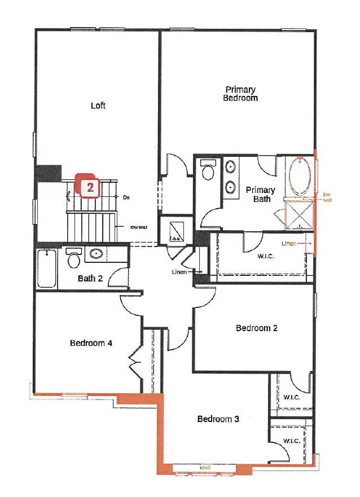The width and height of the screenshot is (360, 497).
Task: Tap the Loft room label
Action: (x=98, y=105)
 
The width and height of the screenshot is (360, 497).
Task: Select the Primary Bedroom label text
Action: (x=241, y=94)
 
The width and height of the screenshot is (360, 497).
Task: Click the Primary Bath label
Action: (x=261, y=194)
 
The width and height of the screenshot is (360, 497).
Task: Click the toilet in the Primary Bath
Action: (x=208, y=171)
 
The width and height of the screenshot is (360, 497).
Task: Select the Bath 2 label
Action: (x=90, y=278)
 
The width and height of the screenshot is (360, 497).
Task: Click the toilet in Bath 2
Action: (x=73, y=259)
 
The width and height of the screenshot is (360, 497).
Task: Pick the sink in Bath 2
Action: (x=96, y=254)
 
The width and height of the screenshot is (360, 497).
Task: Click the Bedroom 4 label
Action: (x=90, y=342)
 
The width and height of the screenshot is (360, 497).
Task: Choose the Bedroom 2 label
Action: (x=257, y=328)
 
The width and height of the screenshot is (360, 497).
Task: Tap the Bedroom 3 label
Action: (x=218, y=419)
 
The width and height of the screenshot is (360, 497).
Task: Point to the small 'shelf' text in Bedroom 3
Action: (x=204, y=468)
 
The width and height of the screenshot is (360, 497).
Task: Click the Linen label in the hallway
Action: (x=179, y=271)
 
